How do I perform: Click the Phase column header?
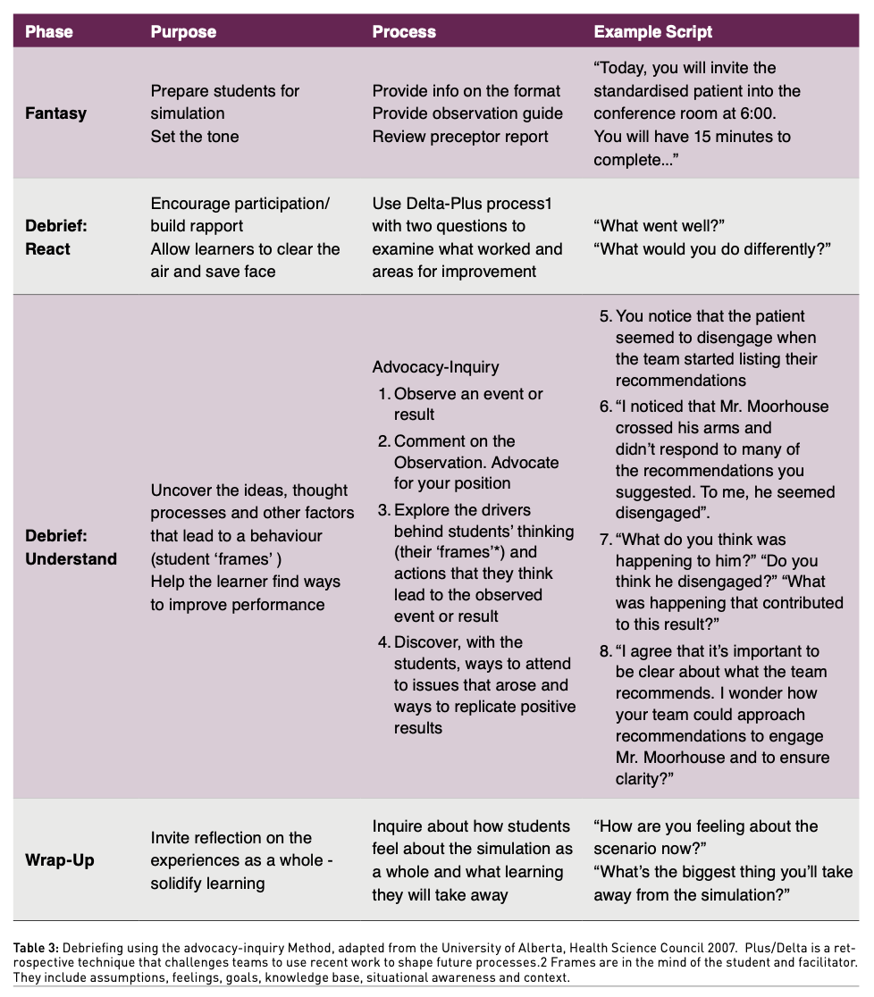[x=48, y=32]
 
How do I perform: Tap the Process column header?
[x=404, y=32]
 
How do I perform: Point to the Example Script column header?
[x=653, y=32]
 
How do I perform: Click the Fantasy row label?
[x=56, y=113]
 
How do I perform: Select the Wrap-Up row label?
[x=60, y=860]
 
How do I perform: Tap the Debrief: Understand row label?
[x=71, y=548]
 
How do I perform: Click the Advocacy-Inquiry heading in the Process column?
[x=435, y=367]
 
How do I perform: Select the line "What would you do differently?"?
[x=712, y=249]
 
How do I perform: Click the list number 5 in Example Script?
[x=605, y=316]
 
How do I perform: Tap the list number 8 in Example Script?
[x=605, y=651]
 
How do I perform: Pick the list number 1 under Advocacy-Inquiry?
[x=383, y=394]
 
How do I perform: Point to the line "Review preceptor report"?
[x=460, y=137]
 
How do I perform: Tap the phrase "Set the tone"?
[x=195, y=137]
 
